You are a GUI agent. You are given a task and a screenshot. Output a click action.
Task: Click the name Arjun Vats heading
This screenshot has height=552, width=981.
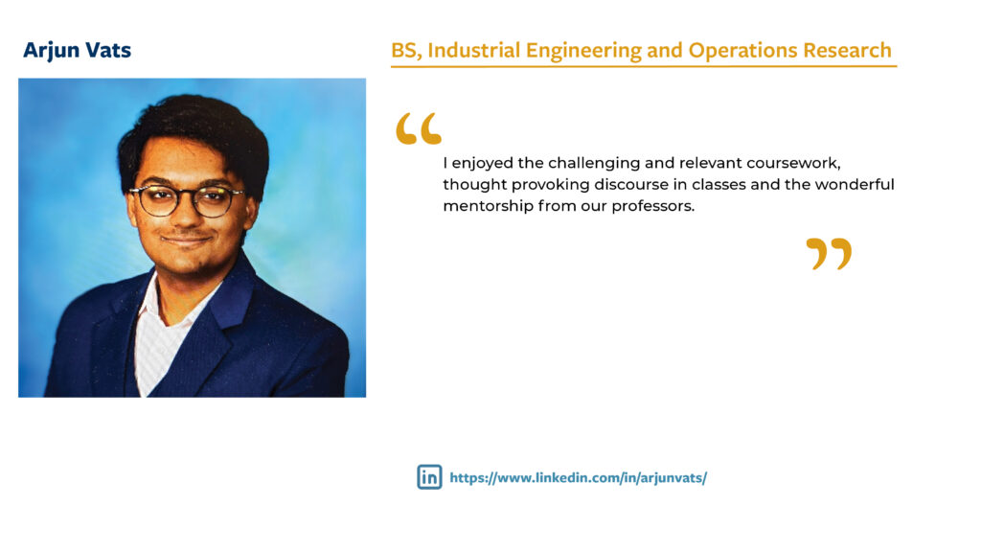click(x=78, y=51)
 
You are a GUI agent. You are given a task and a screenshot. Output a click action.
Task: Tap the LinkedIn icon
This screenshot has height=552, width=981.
click(x=429, y=476)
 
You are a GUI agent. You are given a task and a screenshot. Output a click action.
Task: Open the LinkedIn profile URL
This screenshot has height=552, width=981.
click(x=578, y=477)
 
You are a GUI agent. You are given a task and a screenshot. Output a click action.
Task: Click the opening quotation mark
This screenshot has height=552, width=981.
click(x=419, y=129)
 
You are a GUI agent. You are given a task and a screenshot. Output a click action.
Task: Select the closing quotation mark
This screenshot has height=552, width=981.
click(x=829, y=254)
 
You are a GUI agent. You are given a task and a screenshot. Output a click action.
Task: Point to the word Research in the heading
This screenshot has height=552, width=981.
click(x=848, y=51)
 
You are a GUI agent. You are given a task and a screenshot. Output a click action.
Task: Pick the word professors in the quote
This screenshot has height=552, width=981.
click(x=651, y=206)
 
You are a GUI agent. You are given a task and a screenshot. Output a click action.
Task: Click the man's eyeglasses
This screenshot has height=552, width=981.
click(x=188, y=198)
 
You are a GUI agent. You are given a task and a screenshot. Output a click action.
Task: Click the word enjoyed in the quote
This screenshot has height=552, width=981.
click(x=483, y=162)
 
